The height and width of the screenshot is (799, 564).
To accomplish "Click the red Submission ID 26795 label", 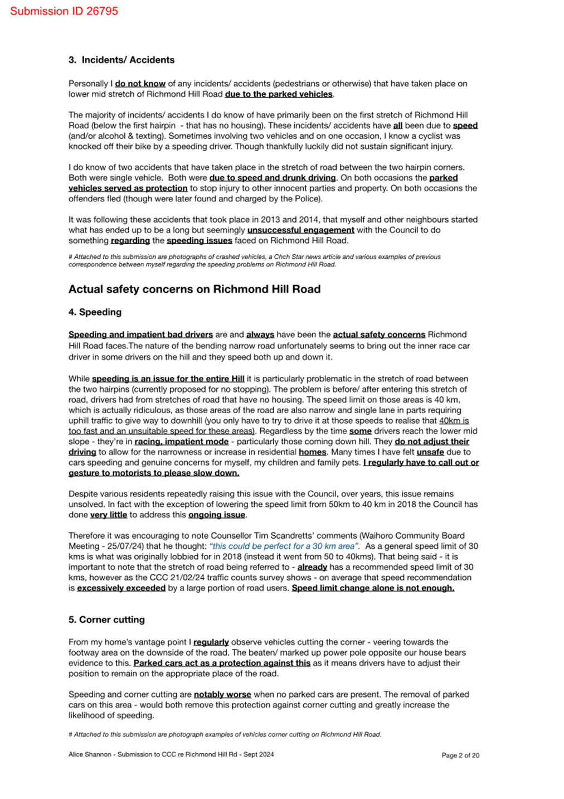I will (x=64, y=11).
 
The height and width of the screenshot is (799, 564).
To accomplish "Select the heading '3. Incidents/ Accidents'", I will (x=121, y=60).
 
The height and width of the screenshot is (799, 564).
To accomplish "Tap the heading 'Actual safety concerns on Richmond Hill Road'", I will (x=195, y=289).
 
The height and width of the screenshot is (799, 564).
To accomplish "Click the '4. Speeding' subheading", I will (x=95, y=312).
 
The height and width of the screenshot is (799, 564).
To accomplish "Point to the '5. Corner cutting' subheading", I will (x=106, y=619).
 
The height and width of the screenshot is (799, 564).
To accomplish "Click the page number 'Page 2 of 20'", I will (x=460, y=756).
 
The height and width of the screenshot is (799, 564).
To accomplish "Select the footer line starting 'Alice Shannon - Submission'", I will (x=171, y=754).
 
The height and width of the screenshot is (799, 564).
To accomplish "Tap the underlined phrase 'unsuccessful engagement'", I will (x=300, y=230).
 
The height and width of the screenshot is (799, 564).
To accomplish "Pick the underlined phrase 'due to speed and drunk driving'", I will (x=273, y=178).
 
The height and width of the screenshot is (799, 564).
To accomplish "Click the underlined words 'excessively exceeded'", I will (x=121, y=588).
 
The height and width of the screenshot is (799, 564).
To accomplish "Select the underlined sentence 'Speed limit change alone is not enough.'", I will (x=373, y=588).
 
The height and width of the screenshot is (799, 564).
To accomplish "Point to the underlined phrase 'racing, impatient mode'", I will (x=181, y=441).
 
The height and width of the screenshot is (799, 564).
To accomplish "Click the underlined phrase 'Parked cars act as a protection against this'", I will (x=222, y=663).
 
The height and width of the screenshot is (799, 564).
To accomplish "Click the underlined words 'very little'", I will (x=109, y=515).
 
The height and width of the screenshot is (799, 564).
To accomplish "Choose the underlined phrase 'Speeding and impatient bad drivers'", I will (x=140, y=335).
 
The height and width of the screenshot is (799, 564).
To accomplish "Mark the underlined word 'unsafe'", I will (x=430, y=452).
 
